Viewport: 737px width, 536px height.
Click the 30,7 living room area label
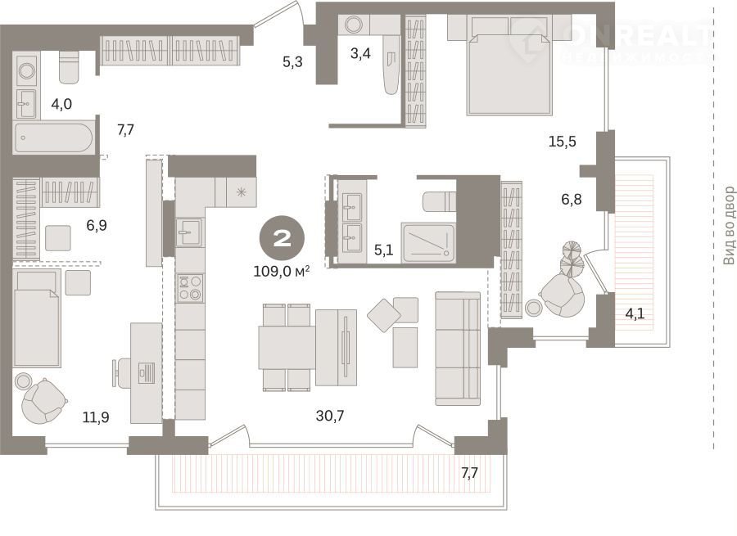[x=330, y=416]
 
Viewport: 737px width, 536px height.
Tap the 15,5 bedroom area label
[x=562, y=142]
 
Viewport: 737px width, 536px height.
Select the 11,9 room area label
[x=96, y=417]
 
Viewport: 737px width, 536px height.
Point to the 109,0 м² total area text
[x=282, y=271]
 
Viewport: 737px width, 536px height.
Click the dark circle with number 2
[x=282, y=239]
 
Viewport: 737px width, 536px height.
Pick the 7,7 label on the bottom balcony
[x=469, y=473]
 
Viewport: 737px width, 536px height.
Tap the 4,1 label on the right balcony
[x=635, y=313]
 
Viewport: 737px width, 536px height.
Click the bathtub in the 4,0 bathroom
[x=53, y=137]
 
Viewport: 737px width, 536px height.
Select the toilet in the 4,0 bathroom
[x=69, y=68]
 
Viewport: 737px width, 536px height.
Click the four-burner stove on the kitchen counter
[x=190, y=288]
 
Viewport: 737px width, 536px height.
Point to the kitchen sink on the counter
[x=189, y=232]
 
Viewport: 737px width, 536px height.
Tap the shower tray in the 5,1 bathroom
[x=428, y=243]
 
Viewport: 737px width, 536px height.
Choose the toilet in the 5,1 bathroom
[x=440, y=201]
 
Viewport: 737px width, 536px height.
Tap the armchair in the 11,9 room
[x=43, y=401]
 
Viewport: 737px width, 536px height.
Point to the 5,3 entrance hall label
[x=292, y=61]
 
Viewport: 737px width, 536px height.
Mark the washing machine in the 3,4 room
[x=354, y=25]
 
